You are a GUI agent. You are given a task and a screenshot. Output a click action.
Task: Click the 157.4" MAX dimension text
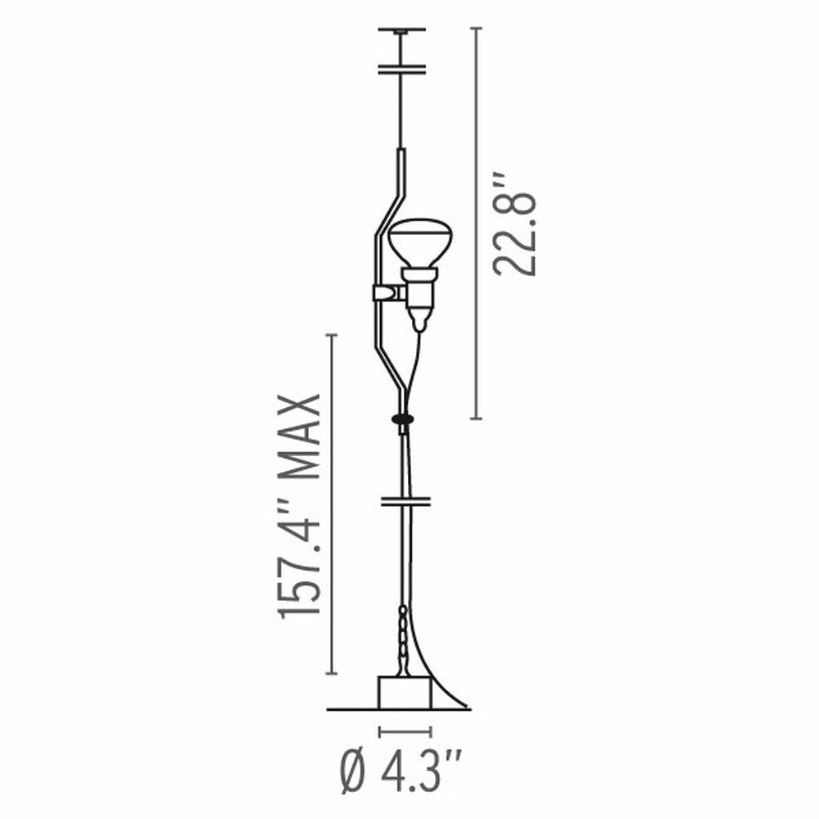pos(300,506)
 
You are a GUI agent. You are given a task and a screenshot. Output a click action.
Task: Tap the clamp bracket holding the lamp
pos(386,292)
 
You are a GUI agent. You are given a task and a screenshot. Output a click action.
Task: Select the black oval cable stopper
pos(403,419)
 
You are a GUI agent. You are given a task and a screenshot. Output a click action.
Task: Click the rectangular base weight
pos(404,693)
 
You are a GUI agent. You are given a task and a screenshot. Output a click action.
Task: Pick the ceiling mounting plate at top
pos(402,30)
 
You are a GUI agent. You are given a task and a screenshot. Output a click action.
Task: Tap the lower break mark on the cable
pos(405,500)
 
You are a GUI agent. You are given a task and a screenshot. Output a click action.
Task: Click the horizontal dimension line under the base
pos(405,731)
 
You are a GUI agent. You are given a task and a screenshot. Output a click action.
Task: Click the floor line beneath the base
pos(352,709)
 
